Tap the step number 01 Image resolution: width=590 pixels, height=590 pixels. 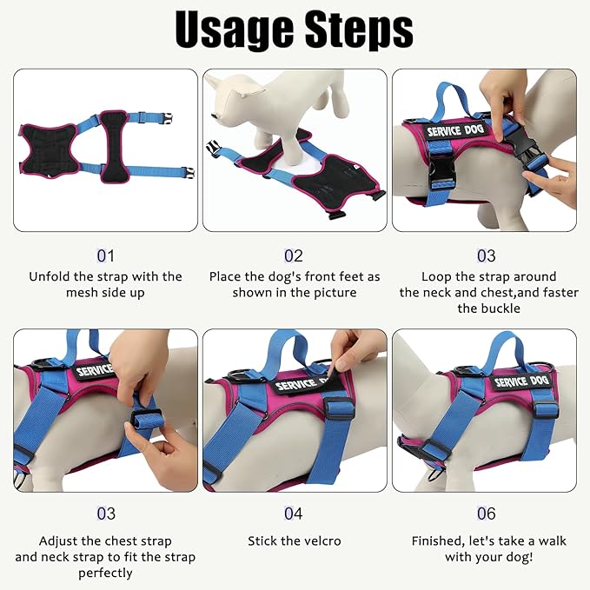[x=105, y=255]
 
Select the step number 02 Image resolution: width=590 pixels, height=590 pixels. [x=294, y=255]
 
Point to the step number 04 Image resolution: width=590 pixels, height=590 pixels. [x=294, y=514]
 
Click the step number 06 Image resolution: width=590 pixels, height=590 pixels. [x=487, y=514]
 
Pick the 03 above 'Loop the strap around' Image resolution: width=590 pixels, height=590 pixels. [x=487, y=255]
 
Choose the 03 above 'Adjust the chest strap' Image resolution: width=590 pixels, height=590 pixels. [x=105, y=514]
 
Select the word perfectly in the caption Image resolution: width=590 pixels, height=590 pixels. [x=105, y=573]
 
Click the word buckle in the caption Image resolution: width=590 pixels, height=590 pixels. [x=487, y=308]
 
